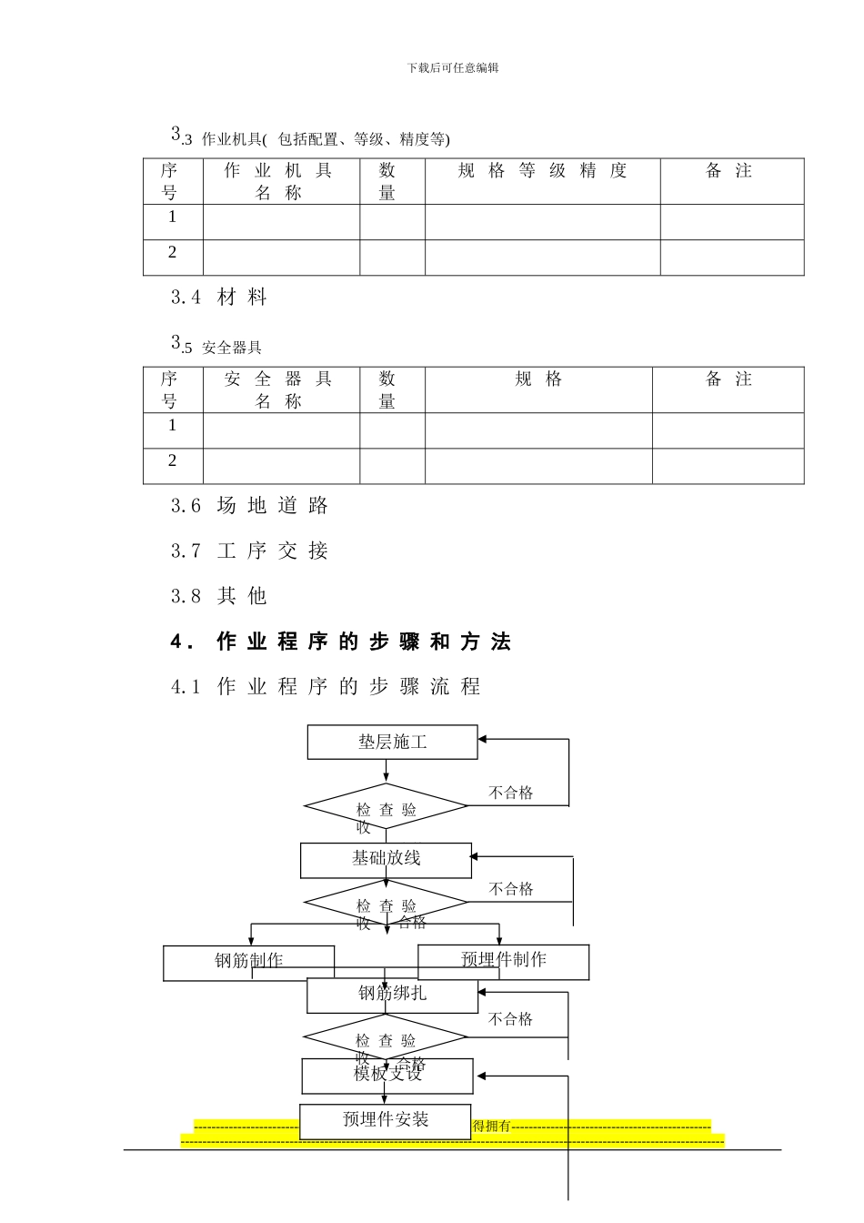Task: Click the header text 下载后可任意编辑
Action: tap(453, 67)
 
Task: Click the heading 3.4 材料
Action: tap(219, 297)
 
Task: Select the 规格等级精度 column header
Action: tap(542, 171)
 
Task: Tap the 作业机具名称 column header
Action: tap(279, 181)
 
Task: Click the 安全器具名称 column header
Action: tap(279, 389)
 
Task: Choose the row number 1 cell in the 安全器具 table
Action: tap(172, 426)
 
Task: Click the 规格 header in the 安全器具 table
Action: tap(538, 379)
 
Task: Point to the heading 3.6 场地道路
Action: tap(249, 506)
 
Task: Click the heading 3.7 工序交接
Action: tap(249, 551)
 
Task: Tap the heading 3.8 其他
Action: tap(219, 596)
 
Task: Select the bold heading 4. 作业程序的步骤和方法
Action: tap(341, 642)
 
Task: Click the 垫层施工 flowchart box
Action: tap(392, 743)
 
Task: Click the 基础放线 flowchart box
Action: tap(386, 858)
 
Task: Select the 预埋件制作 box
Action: tap(503, 959)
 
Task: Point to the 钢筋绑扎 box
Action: tap(392, 994)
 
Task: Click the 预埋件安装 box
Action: tap(386, 1119)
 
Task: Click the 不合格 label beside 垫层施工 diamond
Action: tap(510, 793)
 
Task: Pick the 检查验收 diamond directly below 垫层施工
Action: tap(386, 807)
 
